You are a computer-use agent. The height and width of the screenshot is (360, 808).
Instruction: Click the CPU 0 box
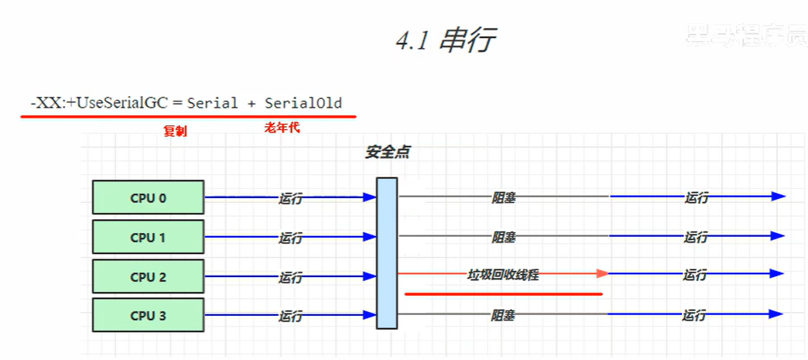click(x=148, y=197)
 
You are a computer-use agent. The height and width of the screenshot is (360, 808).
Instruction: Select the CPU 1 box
click(x=148, y=237)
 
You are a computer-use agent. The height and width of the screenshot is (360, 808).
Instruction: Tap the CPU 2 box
click(x=148, y=276)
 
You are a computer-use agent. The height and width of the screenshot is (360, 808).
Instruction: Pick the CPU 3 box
click(x=148, y=316)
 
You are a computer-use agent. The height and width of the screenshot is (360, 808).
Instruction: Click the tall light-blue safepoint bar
click(x=387, y=253)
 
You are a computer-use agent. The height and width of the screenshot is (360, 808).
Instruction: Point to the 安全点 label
click(x=387, y=153)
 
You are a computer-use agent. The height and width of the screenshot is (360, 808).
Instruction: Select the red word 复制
click(x=175, y=131)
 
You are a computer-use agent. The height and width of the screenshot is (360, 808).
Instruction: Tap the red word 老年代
click(x=282, y=128)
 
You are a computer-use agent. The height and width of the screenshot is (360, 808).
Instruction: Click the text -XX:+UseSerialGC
click(x=98, y=102)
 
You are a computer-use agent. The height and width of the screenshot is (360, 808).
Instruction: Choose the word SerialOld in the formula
click(x=303, y=103)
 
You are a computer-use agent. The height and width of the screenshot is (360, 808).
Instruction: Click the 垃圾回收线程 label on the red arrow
click(x=503, y=274)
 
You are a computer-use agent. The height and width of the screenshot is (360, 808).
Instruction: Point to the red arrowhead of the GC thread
click(x=603, y=273)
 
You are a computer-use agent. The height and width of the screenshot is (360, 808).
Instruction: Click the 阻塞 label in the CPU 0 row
click(x=504, y=197)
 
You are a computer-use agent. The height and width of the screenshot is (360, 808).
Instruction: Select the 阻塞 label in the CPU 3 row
click(x=503, y=315)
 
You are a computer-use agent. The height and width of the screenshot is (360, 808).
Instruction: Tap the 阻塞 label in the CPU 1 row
click(x=504, y=237)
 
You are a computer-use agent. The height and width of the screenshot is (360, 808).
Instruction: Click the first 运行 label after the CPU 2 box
click(x=290, y=277)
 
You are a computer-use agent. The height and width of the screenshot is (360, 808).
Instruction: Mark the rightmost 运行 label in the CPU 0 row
click(x=696, y=197)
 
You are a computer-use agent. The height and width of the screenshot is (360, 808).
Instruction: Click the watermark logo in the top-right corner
click(x=746, y=32)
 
